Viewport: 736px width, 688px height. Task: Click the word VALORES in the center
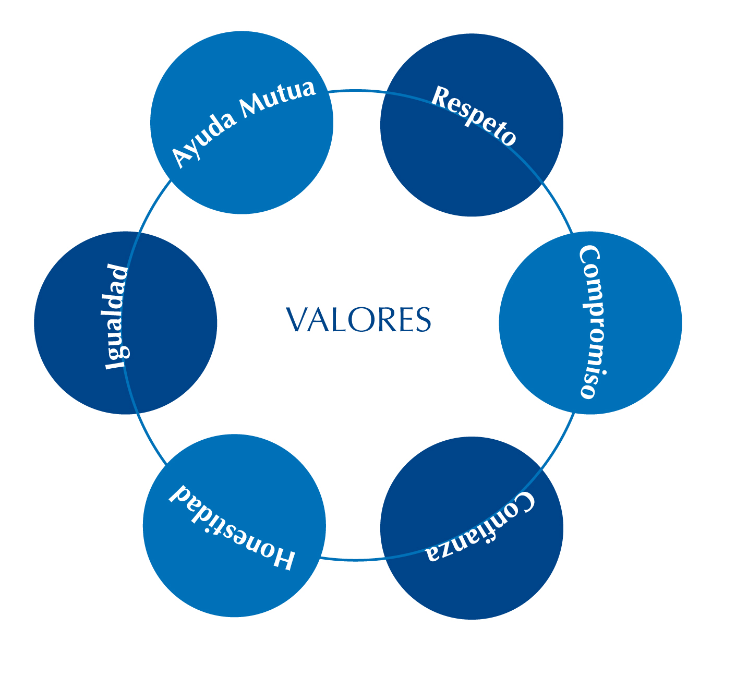pyautogui.click(x=358, y=319)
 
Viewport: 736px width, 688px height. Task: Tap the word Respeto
pyautogui.click(x=474, y=115)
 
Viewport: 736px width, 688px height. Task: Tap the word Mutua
pyautogui.click(x=278, y=99)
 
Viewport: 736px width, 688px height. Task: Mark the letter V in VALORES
pyautogui.click(x=297, y=320)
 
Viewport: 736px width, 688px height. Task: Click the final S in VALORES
pyautogui.click(x=423, y=320)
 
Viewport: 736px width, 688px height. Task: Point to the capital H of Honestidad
pyautogui.click(x=281, y=556)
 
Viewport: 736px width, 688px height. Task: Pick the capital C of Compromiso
pyautogui.click(x=590, y=256)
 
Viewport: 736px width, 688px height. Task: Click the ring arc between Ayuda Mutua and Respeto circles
pyautogui.click(x=356, y=90)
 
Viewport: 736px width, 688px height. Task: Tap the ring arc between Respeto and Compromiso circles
pyautogui.click(x=559, y=207)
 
